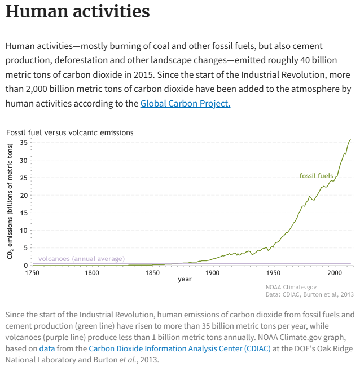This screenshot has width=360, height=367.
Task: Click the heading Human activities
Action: [77, 12]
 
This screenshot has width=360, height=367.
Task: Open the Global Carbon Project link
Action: [185, 103]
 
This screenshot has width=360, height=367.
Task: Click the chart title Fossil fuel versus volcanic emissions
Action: [70, 132]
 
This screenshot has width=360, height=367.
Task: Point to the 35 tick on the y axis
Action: [24, 142]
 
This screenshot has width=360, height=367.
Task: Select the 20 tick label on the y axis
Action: [24, 195]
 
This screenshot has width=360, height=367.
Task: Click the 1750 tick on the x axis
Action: [32, 273]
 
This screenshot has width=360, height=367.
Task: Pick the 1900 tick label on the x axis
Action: [213, 273]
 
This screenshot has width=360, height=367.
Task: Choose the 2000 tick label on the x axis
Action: [333, 273]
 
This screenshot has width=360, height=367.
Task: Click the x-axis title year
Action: [185, 279]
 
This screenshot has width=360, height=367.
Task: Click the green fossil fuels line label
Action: [316, 176]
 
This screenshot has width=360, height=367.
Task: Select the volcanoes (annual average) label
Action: [81, 259]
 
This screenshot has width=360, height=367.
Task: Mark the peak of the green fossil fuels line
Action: [351, 139]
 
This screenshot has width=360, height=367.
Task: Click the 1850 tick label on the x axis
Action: [152, 273]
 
